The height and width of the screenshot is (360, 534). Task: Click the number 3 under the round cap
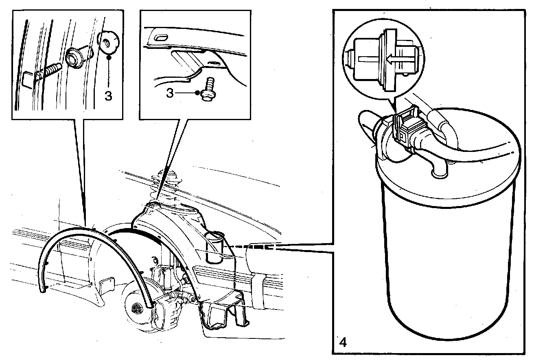tap(108, 96)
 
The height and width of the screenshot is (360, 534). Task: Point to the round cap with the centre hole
tap(108, 42)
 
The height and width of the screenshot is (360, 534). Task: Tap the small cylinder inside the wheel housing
tap(215, 247)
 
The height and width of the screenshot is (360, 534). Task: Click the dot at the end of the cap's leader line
tap(108, 58)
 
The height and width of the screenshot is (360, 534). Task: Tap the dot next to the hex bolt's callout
tap(197, 93)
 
